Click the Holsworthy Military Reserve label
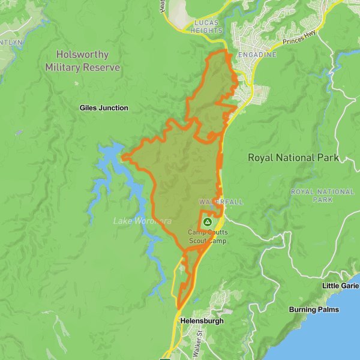coord(82,61)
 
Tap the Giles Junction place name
coord(104,108)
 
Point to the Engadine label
coord(257,55)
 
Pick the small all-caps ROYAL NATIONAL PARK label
coord(322,195)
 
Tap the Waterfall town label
coord(221,202)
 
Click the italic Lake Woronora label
coord(142,221)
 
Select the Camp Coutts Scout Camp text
coord(208,236)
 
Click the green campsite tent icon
coord(208,222)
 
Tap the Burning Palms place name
coord(313,310)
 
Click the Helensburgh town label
coord(202,321)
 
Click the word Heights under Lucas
coord(208,30)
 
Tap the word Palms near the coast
coord(328,310)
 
